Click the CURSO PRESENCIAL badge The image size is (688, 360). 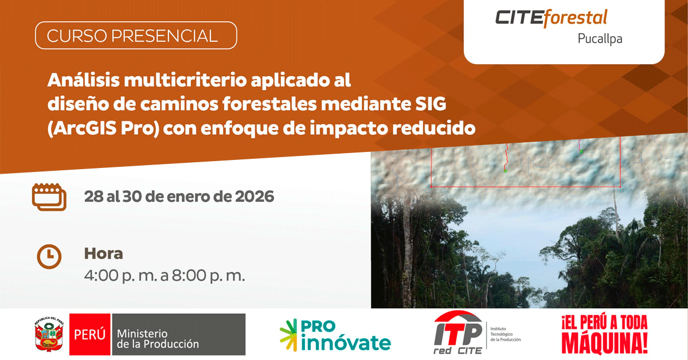(136, 36)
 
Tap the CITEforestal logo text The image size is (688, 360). (552, 18)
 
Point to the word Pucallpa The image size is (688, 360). (600, 39)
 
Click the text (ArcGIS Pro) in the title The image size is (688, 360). (103, 128)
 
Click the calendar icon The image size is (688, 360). (49, 197)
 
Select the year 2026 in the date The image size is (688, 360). (255, 197)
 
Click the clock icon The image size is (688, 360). (49, 256)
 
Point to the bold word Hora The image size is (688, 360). (104, 254)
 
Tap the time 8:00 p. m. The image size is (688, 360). (208, 276)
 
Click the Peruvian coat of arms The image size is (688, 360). (49, 334)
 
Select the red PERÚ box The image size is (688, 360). (89, 334)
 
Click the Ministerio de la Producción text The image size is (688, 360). (158, 338)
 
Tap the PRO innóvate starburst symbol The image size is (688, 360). (288, 335)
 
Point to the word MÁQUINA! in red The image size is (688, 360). (604, 343)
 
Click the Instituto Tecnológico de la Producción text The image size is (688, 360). (505, 334)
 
